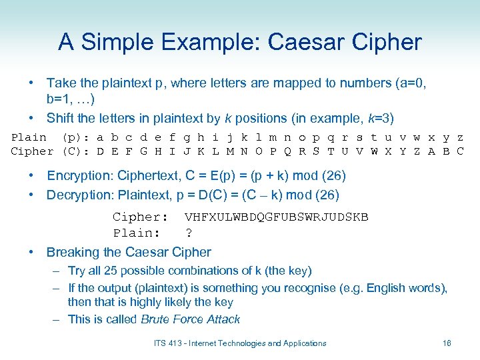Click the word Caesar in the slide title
304,42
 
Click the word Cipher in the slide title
387,42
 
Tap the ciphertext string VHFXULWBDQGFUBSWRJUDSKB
277,217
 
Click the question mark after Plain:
189,233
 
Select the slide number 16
447,343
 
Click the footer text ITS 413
169,343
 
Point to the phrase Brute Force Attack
191,319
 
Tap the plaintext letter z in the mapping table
460,138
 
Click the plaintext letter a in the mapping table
100,138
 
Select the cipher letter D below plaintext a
100,151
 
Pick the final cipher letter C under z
460,151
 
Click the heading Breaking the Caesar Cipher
129,252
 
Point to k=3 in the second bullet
379,119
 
